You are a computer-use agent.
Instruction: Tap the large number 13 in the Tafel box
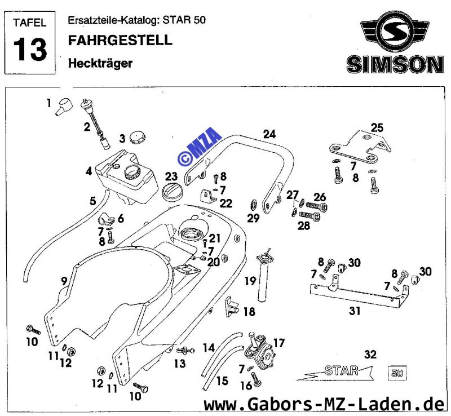pos(30,49)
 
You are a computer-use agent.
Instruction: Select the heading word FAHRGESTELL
pos(120,40)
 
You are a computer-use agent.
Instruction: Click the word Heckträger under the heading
pos(100,63)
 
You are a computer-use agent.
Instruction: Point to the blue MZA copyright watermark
pos(200,147)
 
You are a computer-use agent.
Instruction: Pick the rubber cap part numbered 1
pos(64,107)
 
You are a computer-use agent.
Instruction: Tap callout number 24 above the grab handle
pos(269,134)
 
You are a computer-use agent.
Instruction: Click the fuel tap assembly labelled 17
pos(258,350)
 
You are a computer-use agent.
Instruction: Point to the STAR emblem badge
pos(335,372)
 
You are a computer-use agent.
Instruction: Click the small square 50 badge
pos(397,373)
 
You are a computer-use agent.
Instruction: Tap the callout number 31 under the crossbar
pos(355,311)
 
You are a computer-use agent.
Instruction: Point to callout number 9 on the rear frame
pos(64,281)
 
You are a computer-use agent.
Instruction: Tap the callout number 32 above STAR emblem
pos(370,355)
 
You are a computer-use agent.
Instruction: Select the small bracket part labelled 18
pos(232,307)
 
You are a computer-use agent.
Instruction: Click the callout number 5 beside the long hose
pos(92,201)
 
